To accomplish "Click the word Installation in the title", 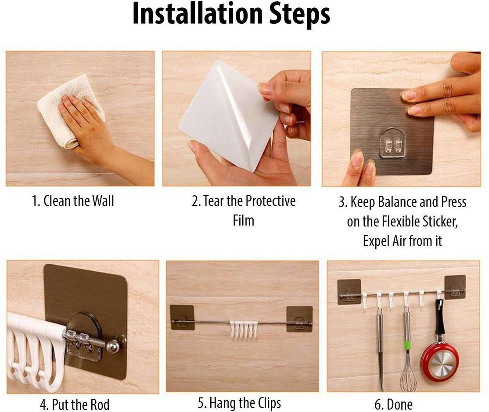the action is tap(198, 14).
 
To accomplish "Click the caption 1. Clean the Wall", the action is tap(73, 201).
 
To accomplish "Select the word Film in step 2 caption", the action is tap(244, 220).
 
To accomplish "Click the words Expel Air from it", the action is tap(402, 241).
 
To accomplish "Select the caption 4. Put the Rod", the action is tap(75, 405).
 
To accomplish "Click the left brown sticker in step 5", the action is tap(182, 317).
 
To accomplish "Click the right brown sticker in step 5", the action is tap(299, 319).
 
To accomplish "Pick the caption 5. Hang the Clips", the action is tap(239, 403).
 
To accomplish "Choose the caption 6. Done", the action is tap(394, 405).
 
